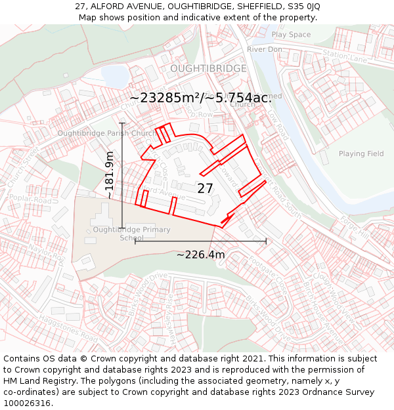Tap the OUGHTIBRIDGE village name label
[x=208, y=68]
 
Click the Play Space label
[x=291, y=35]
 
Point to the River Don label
[x=265, y=49]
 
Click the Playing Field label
[x=361, y=154]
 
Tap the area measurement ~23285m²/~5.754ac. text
[x=200, y=98]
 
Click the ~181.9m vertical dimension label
[x=110, y=175]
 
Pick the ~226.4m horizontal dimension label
[x=200, y=255]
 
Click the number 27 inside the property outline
[x=206, y=188]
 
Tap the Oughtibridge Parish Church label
[x=106, y=133]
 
